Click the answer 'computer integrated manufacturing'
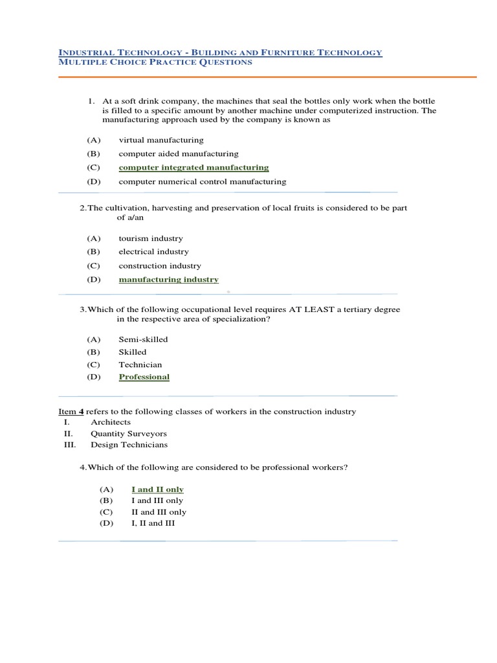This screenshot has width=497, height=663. [193, 168]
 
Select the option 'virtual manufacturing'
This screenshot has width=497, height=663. [160, 140]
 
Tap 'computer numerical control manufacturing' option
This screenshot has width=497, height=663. [202, 182]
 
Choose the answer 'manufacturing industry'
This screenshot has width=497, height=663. [168, 280]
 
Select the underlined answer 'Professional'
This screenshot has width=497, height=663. [144, 377]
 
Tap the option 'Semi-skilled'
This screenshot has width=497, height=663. [143, 339]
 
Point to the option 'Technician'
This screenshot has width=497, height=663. [140, 365]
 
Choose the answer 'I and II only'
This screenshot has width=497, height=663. [157, 489]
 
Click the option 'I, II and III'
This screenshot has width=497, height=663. [153, 523]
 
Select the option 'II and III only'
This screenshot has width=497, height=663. [159, 512]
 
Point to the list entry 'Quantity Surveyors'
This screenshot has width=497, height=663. [128, 433]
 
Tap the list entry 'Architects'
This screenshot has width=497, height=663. [111, 422]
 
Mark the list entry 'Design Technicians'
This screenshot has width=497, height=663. [129, 445]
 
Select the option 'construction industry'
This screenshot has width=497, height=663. [159, 266]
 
